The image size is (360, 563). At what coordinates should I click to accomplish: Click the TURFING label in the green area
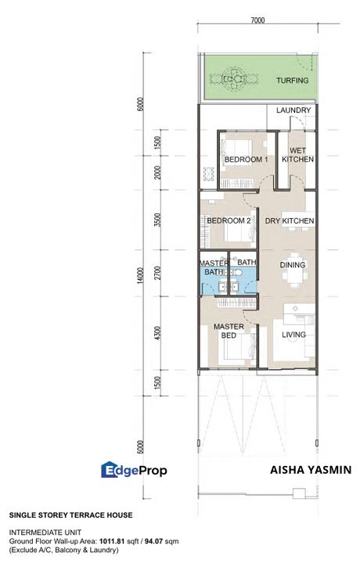tap(293, 81)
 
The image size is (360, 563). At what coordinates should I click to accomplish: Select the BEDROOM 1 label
tap(246, 160)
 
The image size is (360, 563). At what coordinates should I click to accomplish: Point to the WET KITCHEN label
tap(297, 155)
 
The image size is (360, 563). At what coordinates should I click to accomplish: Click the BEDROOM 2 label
tap(229, 221)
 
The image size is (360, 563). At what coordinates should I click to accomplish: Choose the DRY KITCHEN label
tap(290, 221)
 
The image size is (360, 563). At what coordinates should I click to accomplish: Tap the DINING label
tap(293, 265)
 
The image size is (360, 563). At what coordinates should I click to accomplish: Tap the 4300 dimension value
tap(159, 334)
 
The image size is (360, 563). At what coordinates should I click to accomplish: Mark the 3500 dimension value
tap(159, 219)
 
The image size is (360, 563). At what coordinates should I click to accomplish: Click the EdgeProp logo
tap(134, 470)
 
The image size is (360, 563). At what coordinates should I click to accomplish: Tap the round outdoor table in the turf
tap(236, 78)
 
